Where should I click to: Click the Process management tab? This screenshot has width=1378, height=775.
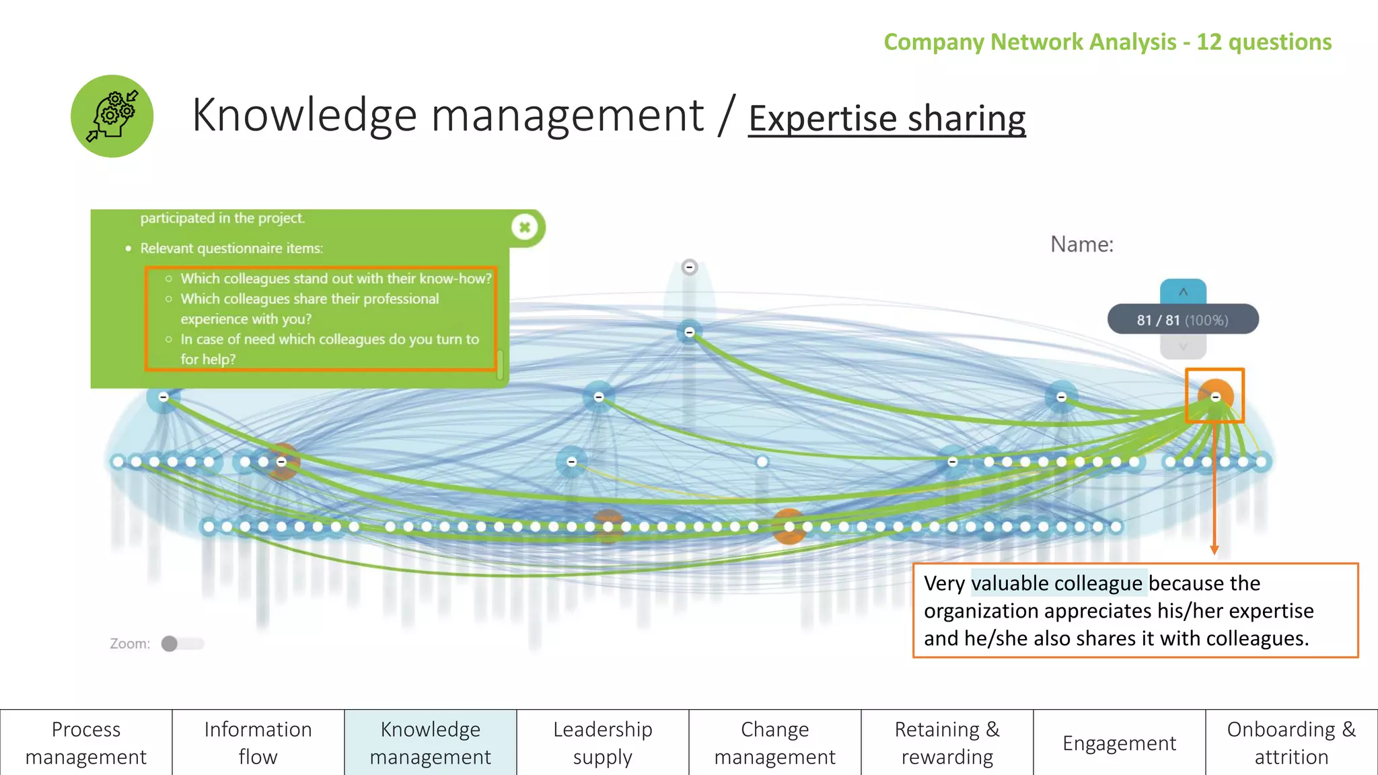(x=86, y=743)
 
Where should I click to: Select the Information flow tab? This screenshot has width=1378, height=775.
(x=258, y=743)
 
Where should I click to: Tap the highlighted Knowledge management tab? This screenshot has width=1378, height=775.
(x=431, y=743)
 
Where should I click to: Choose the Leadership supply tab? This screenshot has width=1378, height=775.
(x=603, y=743)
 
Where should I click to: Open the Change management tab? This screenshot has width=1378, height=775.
(x=775, y=743)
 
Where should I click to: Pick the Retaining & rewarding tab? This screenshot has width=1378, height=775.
(x=947, y=743)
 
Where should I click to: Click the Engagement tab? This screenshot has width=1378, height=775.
(x=1120, y=743)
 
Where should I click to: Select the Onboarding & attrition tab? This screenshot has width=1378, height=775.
(x=1292, y=743)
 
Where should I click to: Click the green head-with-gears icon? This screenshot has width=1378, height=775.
(x=112, y=116)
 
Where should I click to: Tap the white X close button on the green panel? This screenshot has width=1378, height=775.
(x=525, y=227)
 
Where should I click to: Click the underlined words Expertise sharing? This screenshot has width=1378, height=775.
(x=887, y=118)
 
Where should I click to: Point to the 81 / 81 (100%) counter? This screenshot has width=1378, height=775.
(x=1183, y=320)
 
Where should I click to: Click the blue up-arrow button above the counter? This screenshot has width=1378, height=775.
(x=1183, y=292)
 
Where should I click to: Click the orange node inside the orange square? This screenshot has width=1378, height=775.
(x=1215, y=396)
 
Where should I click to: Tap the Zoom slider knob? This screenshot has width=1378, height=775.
(x=170, y=644)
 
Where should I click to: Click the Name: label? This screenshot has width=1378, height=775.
(x=1082, y=244)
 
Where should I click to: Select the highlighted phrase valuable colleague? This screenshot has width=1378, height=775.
(x=1057, y=583)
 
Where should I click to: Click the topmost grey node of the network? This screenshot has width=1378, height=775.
(x=690, y=268)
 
